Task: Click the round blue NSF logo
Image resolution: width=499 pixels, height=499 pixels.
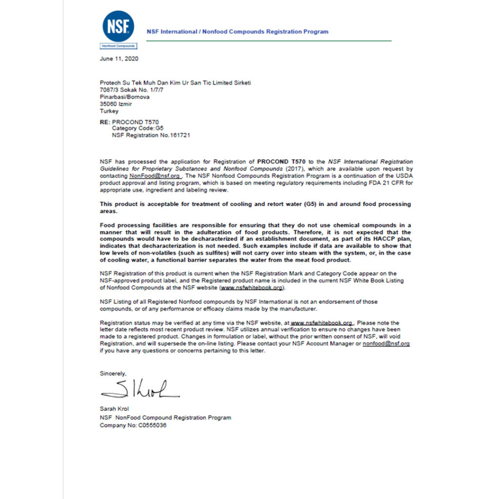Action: click(118, 26)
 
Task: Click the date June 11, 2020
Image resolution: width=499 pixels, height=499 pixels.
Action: click(119, 58)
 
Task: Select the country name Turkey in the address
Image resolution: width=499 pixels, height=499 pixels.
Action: click(109, 111)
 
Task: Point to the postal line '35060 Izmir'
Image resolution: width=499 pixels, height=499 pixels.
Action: click(116, 104)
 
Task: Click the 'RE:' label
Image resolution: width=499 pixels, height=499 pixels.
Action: click(105, 122)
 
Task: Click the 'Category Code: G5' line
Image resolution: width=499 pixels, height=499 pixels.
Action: click(138, 129)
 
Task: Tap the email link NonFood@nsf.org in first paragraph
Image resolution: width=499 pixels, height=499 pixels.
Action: click(155, 175)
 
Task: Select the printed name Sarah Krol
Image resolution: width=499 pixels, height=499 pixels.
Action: click(115, 409)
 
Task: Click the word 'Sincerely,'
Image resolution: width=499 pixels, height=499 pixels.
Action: click(113, 373)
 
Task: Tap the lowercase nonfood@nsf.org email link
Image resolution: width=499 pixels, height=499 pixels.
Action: click(386, 344)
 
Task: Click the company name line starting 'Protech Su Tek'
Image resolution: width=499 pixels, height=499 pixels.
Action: click(175, 83)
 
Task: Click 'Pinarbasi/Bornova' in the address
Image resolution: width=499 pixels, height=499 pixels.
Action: click(125, 97)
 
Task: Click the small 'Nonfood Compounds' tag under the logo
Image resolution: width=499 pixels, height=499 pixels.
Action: click(118, 46)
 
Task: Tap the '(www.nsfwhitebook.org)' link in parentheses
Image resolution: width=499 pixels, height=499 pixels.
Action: click(252, 288)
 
